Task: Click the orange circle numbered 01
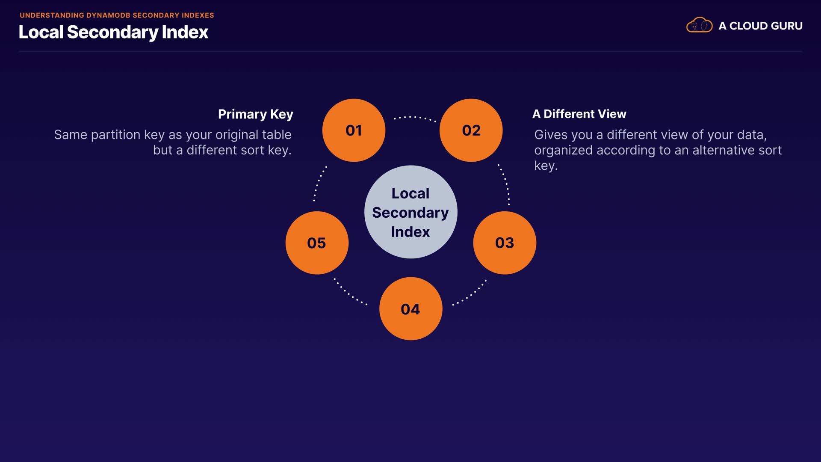pyautogui.click(x=354, y=130)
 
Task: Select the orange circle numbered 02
pyautogui.click(x=471, y=130)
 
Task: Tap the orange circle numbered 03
pyautogui.click(x=505, y=243)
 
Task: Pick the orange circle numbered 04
pyautogui.click(x=410, y=308)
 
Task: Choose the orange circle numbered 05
pyautogui.click(x=317, y=243)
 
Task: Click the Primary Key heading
pyautogui.click(x=255, y=114)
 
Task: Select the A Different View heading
pyautogui.click(x=579, y=114)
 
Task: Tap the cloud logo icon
pyautogui.click(x=699, y=25)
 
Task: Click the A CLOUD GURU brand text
pyautogui.click(x=760, y=26)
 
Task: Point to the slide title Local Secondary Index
pyautogui.click(x=113, y=32)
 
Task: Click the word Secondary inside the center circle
pyautogui.click(x=410, y=213)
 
